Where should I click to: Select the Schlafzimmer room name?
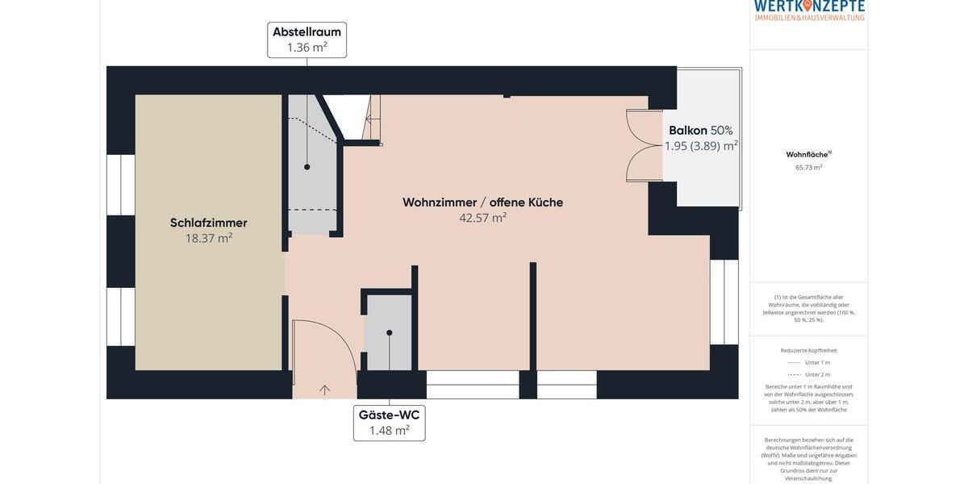coord(208,223)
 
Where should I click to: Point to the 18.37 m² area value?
coord(208,239)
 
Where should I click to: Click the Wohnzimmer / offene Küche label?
coord(482,202)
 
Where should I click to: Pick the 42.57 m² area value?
coord(482,218)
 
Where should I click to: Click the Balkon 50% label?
coord(700,131)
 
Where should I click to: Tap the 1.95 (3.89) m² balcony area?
coord(700,146)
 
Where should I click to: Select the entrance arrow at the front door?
coord(324,390)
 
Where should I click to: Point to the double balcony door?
coord(644,145)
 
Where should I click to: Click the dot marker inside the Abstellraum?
coord(307,167)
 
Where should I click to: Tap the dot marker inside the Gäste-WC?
coord(389,332)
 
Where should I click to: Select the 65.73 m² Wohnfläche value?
coord(808,168)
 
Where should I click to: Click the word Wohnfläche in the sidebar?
coord(807,154)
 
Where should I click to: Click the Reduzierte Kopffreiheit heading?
coord(808,350)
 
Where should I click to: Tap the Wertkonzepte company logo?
coord(808,10)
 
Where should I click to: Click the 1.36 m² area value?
coord(307,48)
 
